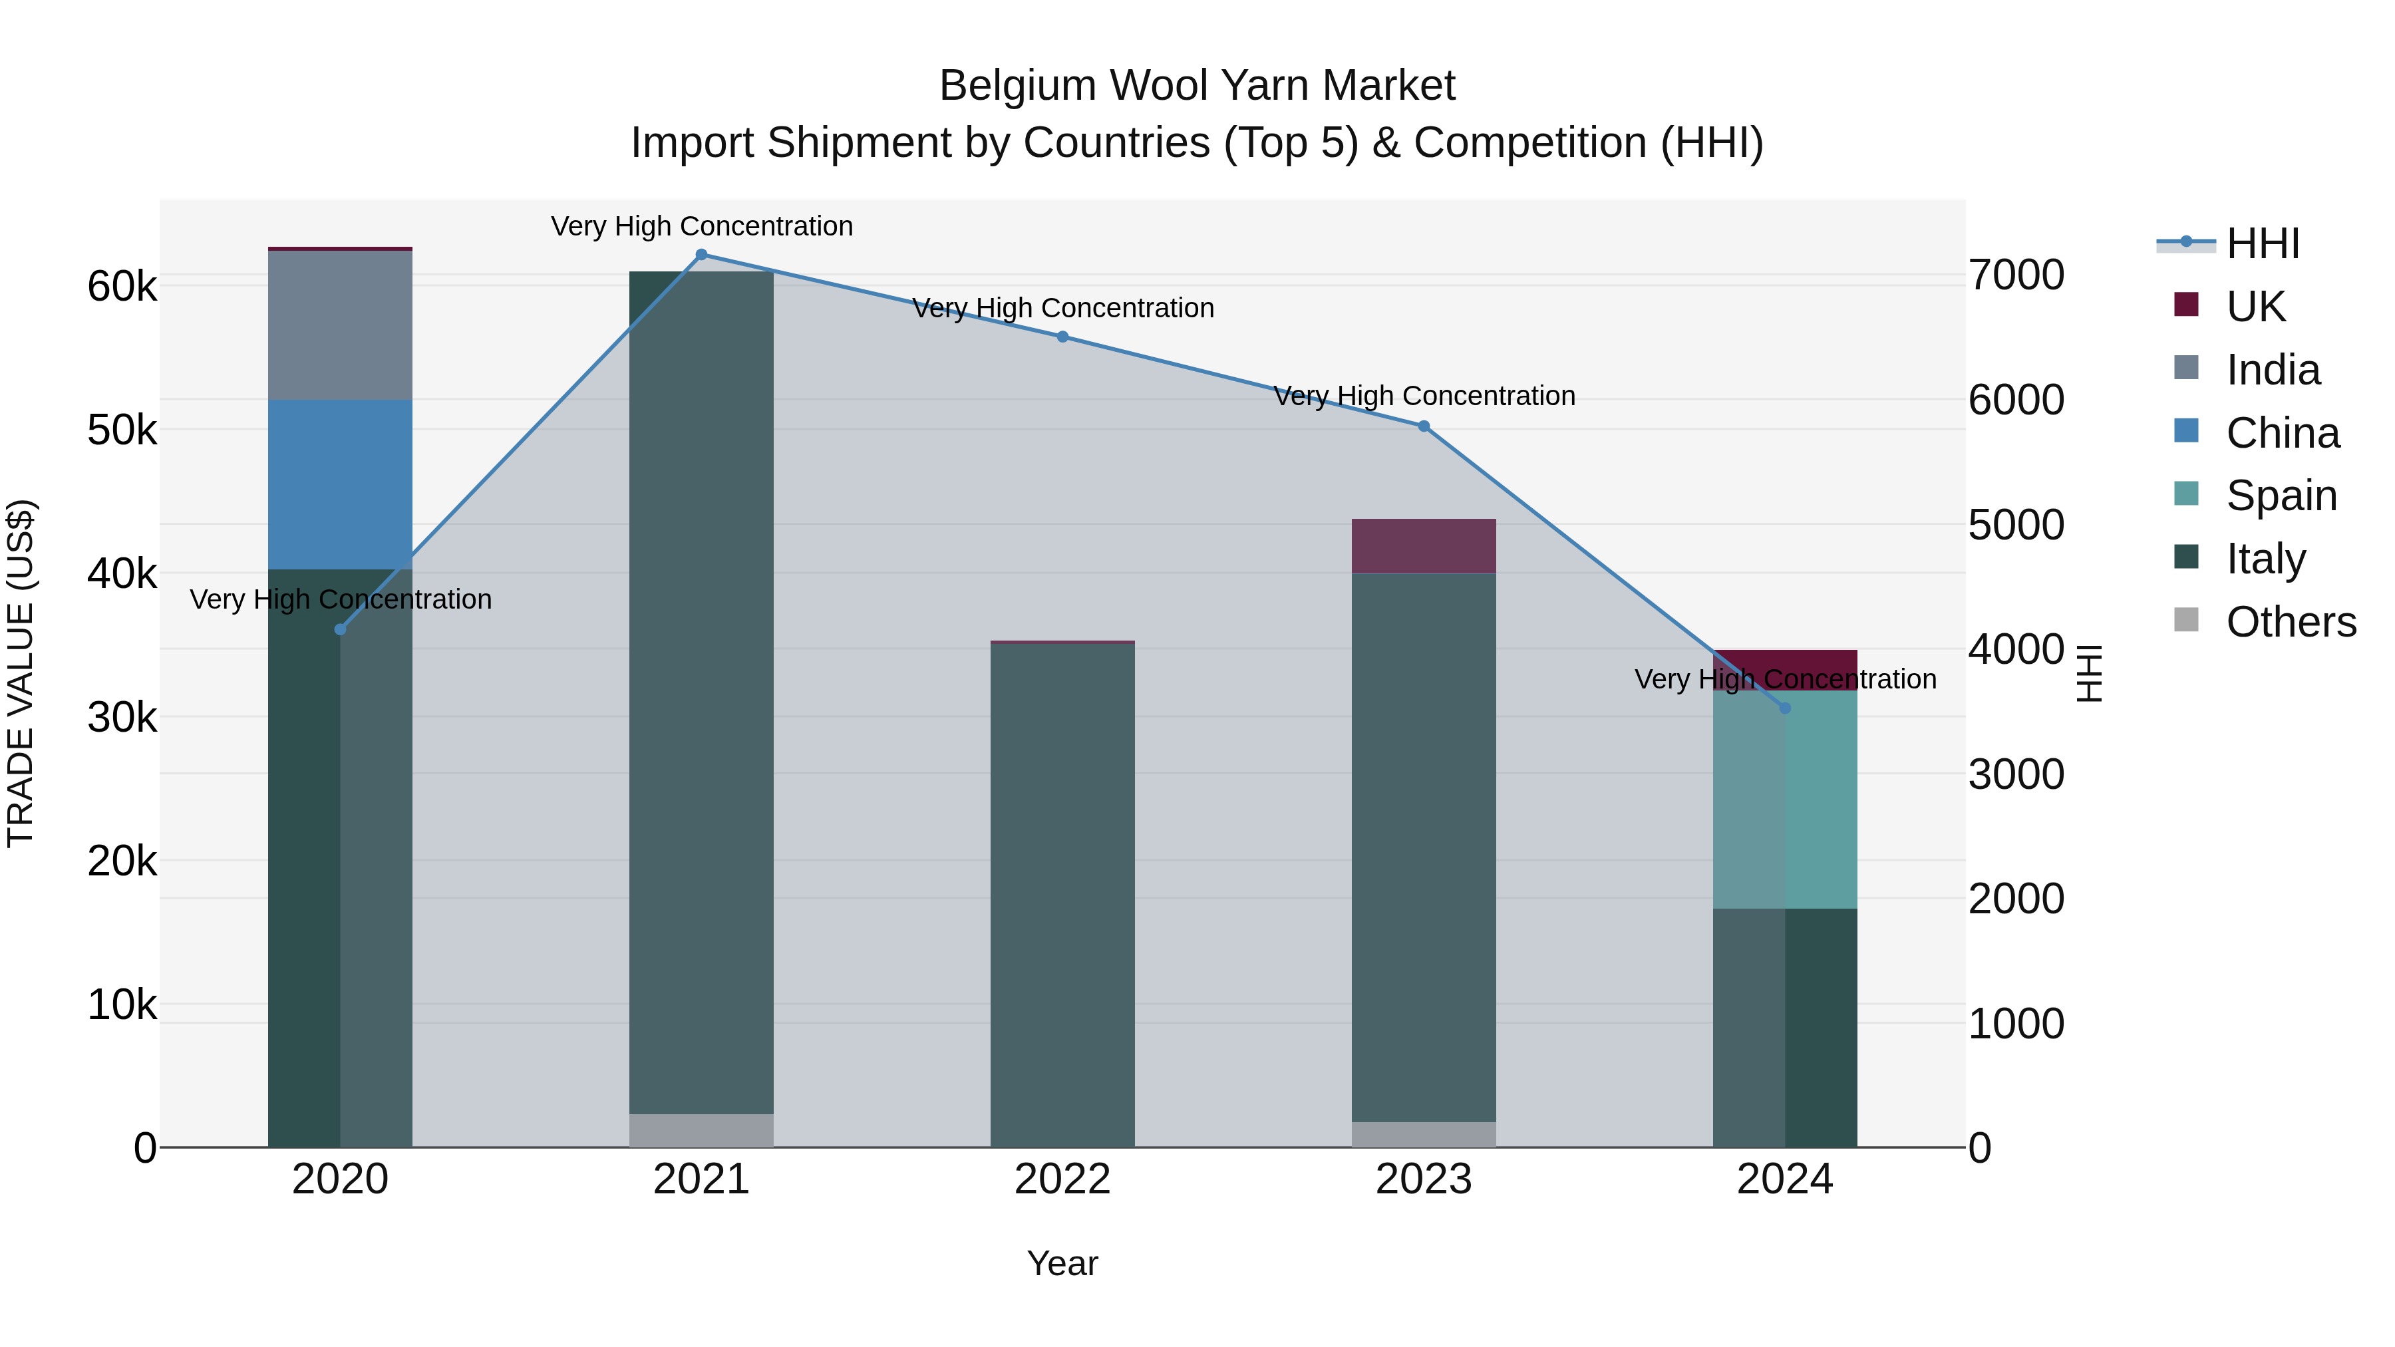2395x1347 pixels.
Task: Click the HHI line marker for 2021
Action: click(x=701, y=255)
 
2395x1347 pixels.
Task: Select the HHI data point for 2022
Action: click(x=1062, y=337)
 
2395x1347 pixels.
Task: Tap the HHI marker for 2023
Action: click(x=1424, y=426)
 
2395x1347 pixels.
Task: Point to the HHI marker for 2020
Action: click(x=340, y=629)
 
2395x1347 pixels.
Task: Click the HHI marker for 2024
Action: click(x=1784, y=708)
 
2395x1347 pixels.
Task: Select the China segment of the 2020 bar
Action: click(x=340, y=484)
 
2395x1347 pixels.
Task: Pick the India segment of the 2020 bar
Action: click(x=340, y=325)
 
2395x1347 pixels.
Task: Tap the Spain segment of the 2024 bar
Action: click(x=1784, y=800)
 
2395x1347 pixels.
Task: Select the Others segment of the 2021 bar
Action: click(x=701, y=1129)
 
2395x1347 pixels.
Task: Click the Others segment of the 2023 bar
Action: click(x=1424, y=1134)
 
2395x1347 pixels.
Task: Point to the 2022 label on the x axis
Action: click(x=1062, y=1179)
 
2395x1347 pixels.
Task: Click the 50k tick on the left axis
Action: click(x=122, y=430)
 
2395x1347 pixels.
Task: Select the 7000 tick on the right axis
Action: click(x=2016, y=275)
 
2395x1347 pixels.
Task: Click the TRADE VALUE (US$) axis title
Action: click(x=21, y=673)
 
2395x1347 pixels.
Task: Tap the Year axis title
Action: click(x=1062, y=1263)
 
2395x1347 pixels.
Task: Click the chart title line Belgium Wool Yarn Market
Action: click(x=1197, y=86)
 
